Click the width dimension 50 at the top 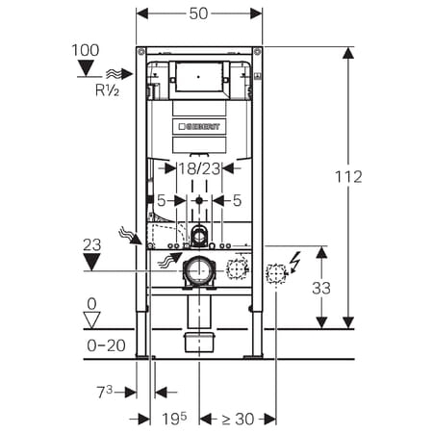click(x=198, y=13)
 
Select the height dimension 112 click(x=348, y=177)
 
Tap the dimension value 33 click(x=321, y=288)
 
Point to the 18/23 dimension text click(x=199, y=168)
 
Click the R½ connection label click(x=107, y=90)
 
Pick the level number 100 click(x=86, y=50)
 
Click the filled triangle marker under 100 click(x=86, y=68)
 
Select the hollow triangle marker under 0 click(x=92, y=319)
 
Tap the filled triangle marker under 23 click(x=91, y=262)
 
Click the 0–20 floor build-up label click(x=106, y=345)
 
